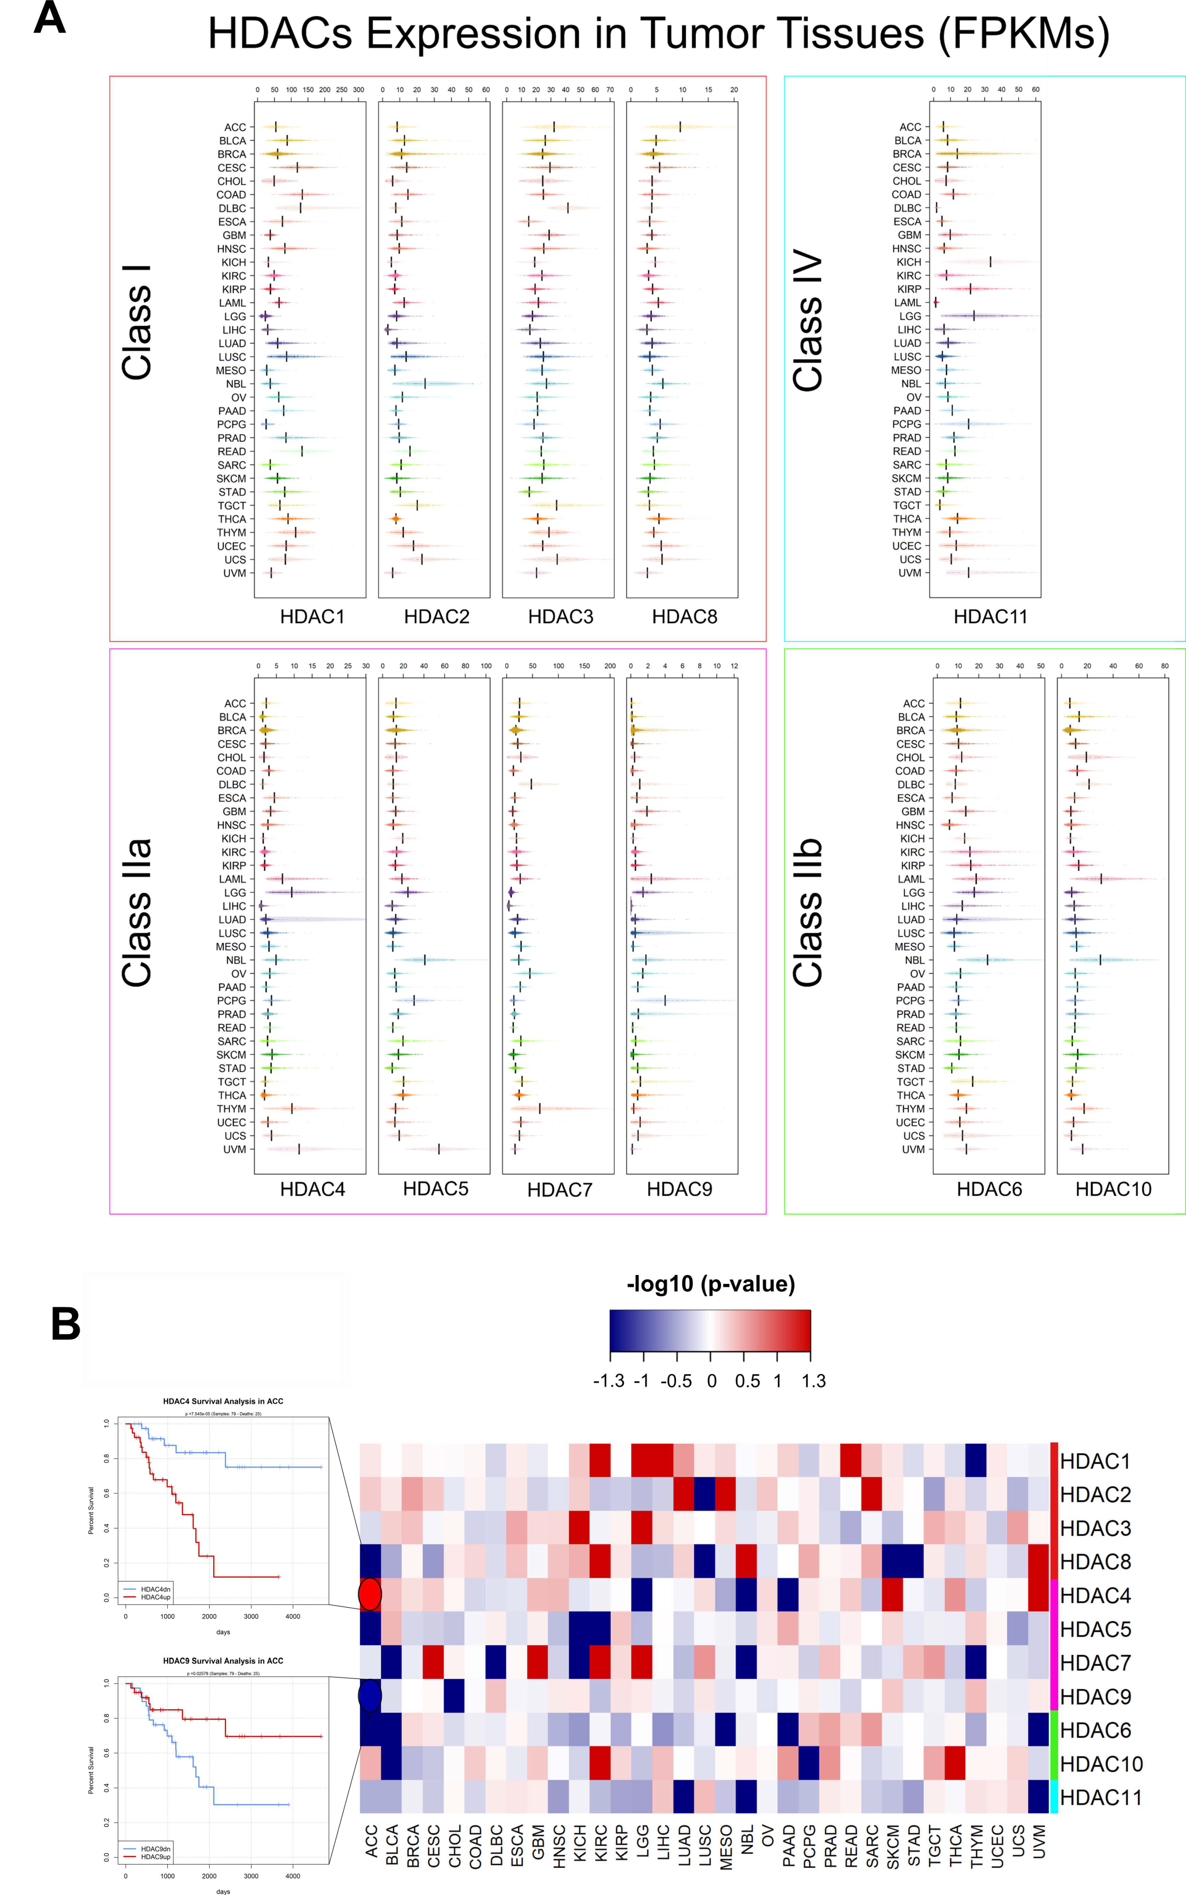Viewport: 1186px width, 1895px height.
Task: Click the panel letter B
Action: coord(66,1324)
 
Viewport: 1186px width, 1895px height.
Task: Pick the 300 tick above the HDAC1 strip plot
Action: coord(358,90)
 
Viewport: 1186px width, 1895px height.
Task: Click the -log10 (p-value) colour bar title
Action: coord(711,1284)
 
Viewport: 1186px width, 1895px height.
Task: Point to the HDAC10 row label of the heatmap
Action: coord(1100,1765)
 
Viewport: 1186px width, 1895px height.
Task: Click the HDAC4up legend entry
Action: coord(155,1597)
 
